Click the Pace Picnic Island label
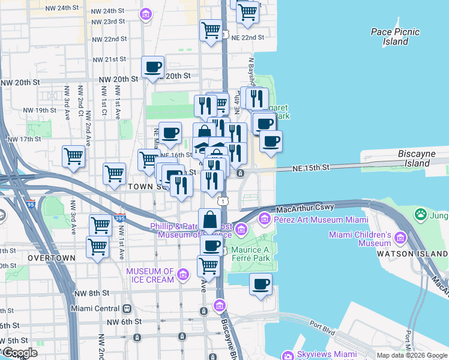point(395,37)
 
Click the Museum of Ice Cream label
point(150,275)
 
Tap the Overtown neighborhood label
point(51,258)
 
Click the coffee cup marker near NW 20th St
point(153,67)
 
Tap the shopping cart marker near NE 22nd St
point(211,31)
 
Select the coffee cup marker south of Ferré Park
point(261,284)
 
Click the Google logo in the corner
point(20,353)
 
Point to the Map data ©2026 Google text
point(411,355)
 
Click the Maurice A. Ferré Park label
point(255,254)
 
